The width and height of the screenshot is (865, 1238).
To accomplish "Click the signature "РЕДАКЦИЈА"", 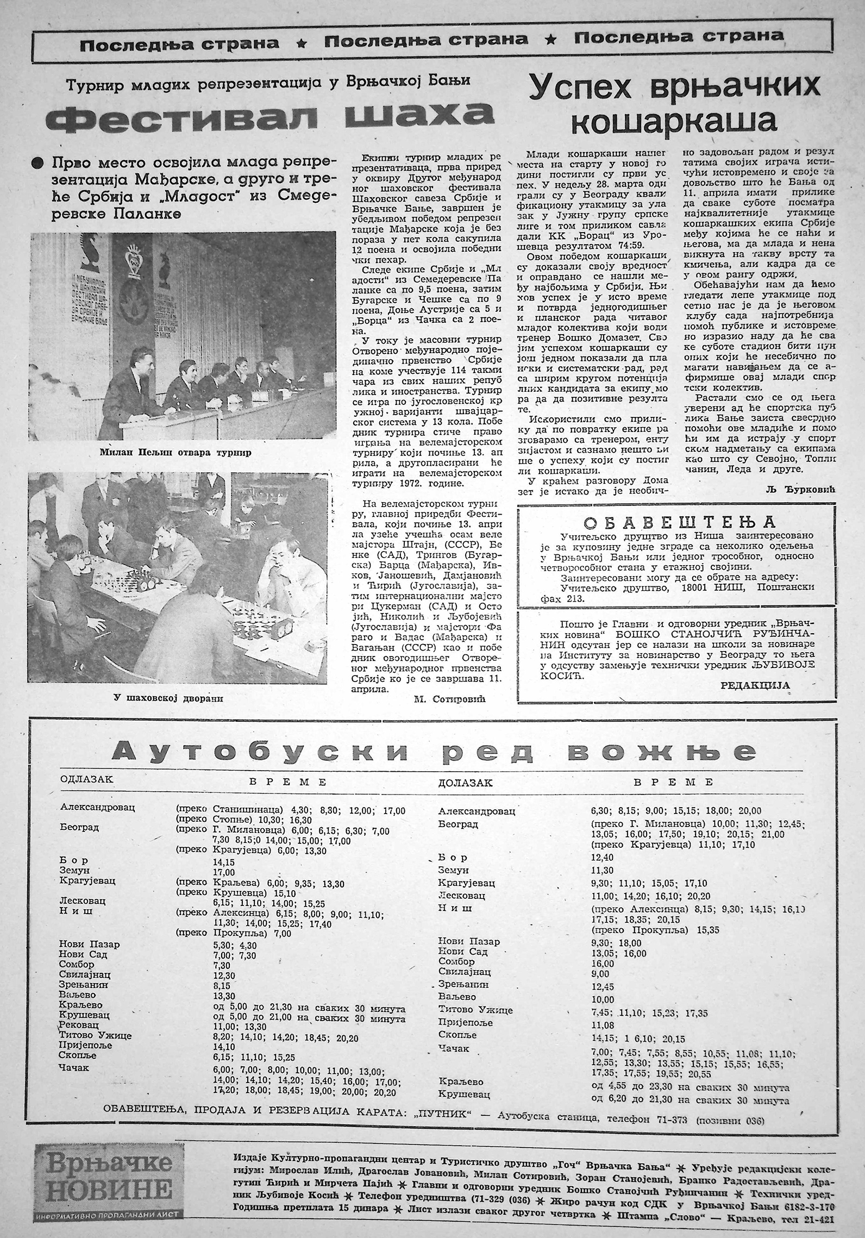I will [755, 685].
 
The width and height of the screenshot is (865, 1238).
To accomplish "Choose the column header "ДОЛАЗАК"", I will [465, 783].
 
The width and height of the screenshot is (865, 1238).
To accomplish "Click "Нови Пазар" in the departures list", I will [89, 944].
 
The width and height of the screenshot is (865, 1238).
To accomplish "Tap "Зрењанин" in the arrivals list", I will [463, 984].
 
